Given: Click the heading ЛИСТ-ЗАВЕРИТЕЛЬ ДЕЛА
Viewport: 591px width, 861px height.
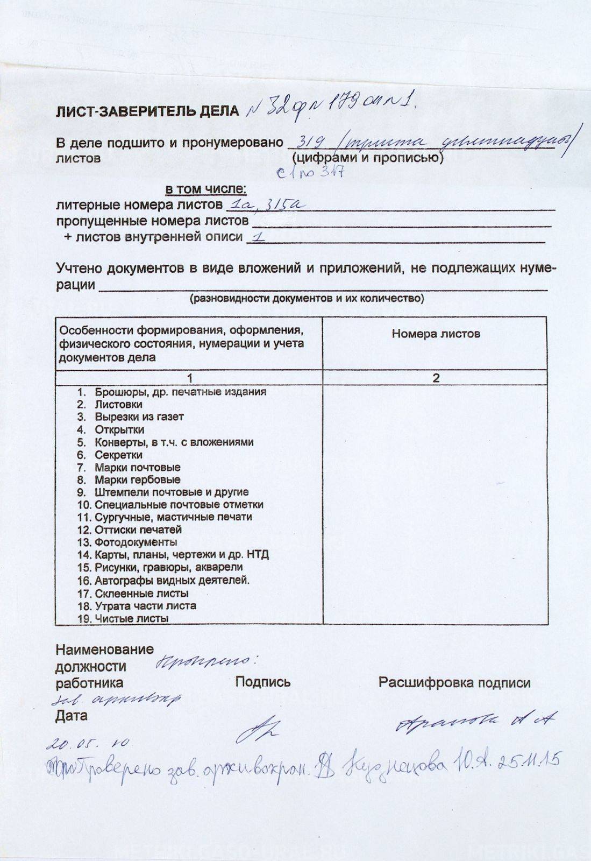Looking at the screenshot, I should click(147, 111).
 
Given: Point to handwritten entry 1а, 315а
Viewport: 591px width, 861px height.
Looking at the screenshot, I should click(266, 204).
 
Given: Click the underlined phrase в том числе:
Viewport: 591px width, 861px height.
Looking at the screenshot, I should click(205, 189).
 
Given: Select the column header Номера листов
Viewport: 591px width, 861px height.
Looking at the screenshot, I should click(436, 334).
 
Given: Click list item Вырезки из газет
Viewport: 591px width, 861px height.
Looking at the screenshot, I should click(139, 417).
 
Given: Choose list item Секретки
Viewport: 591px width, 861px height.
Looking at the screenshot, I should click(118, 455).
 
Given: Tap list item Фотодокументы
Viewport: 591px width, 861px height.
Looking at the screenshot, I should click(136, 542).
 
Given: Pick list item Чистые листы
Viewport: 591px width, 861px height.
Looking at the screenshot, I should click(131, 619).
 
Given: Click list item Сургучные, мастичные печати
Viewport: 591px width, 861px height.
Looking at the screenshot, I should click(173, 517).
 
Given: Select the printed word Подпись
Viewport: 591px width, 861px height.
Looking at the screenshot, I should click(263, 682).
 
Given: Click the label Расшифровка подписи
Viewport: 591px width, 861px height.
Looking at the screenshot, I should click(454, 683).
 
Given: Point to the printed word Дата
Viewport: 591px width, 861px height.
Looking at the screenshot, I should click(71, 716).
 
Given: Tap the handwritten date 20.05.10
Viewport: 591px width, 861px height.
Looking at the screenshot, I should click(89, 744).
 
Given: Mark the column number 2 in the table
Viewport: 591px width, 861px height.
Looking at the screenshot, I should click(436, 378).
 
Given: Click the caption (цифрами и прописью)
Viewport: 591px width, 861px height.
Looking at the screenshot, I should click(367, 158).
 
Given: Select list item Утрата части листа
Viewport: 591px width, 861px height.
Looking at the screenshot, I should click(145, 606).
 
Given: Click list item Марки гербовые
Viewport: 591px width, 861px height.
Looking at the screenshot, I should click(137, 479).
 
